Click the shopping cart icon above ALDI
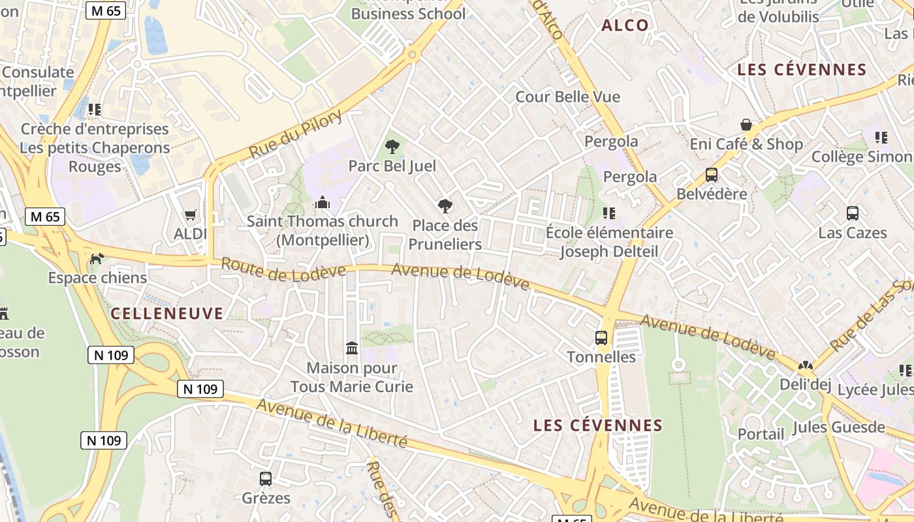pyautogui.click(x=191, y=215)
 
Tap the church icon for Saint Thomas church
pyautogui.click(x=323, y=203)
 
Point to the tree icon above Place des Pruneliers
pyautogui.click(x=445, y=206)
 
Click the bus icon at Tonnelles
pyautogui.click(x=601, y=338)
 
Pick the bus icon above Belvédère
pyautogui.click(x=712, y=175)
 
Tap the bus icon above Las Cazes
pyautogui.click(x=853, y=213)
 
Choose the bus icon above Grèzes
pyautogui.click(x=266, y=479)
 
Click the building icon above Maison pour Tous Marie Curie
pyautogui.click(x=352, y=348)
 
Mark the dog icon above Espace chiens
pyautogui.click(x=97, y=259)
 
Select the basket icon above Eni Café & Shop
pyautogui.click(x=746, y=125)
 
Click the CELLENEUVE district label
pyautogui.click(x=167, y=314)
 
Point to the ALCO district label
pyautogui.click(x=625, y=25)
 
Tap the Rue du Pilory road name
pyautogui.click(x=295, y=134)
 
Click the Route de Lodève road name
pyautogui.click(x=283, y=270)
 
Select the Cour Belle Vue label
pyautogui.click(x=568, y=97)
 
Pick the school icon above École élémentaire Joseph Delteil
pyautogui.click(x=609, y=213)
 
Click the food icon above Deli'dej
pyautogui.click(x=806, y=366)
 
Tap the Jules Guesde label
pyautogui.click(x=839, y=427)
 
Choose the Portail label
pyautogui.click(x=761, y=434)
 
